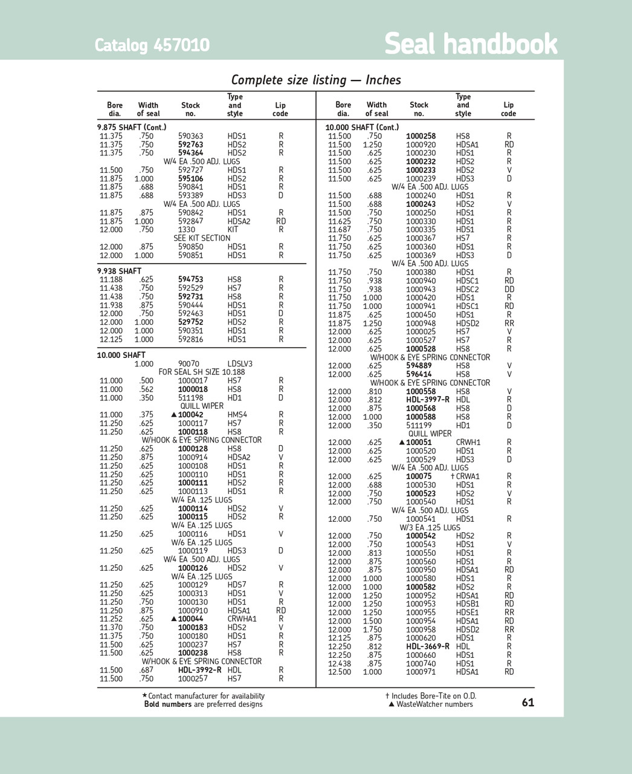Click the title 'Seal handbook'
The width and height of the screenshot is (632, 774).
click(x=471, y=44)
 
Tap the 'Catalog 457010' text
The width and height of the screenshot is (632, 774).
click(x=152, y=45)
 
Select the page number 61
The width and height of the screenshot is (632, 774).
click(x=527, y=703)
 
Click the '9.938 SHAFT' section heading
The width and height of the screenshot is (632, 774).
click(x=119, y=271)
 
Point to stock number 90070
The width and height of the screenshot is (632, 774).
click(x=189, y=364)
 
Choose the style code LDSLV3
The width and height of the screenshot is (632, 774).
click(x=240, y=364)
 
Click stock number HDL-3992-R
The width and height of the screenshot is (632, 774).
click(x=199, y=670)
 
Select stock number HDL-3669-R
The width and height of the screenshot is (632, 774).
click(x=428, y=646)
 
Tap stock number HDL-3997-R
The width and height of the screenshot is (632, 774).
click(x=428, y=400)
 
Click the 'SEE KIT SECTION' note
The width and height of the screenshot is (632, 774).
click(x=202, y=238)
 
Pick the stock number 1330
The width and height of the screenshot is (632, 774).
click(x=187, y=230)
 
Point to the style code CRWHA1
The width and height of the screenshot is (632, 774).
click(x=242, y=619)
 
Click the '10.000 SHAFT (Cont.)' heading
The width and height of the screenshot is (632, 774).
click(x=362, y=127)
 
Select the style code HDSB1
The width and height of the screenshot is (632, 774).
click(x=467, y=604)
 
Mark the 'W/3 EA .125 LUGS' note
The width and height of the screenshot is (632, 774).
click(x=430, y=527)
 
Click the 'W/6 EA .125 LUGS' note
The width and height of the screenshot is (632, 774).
click(x=202, y=542)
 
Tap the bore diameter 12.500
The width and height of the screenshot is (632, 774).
click(x=339, y=672)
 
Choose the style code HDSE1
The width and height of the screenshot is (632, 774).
click(x=467, y=613)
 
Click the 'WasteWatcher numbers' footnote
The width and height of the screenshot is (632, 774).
click(x=434, y=704)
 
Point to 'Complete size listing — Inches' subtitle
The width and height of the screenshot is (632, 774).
click(x=316, y=80)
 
